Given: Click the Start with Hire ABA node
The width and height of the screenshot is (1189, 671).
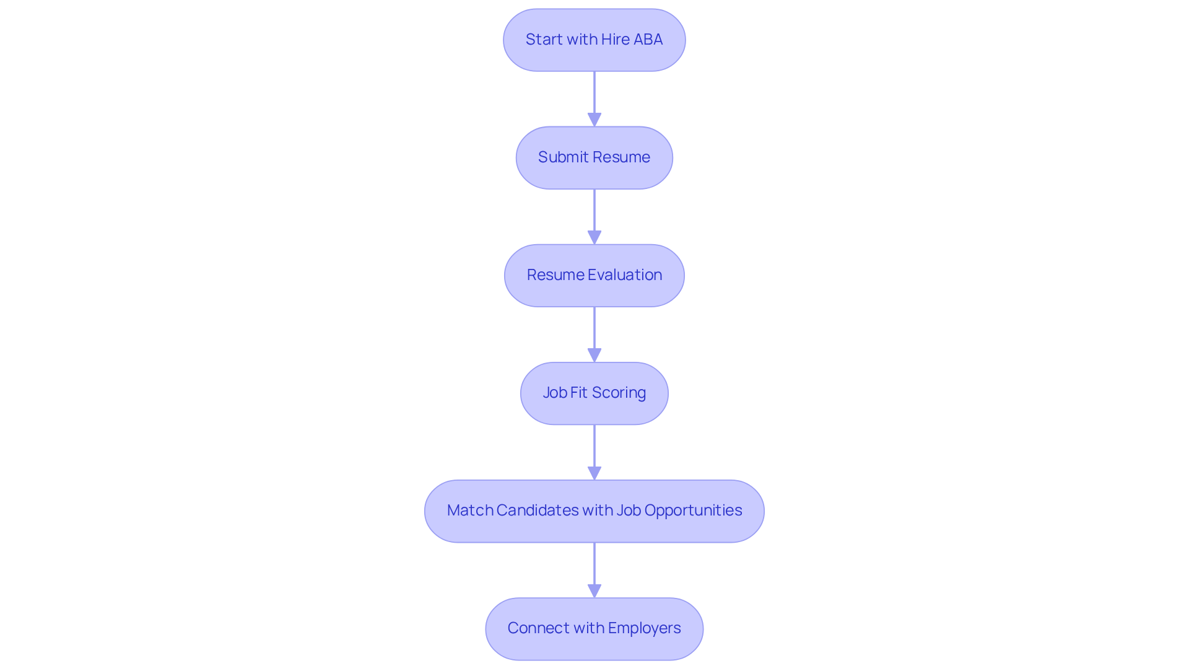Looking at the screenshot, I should pos(594,40).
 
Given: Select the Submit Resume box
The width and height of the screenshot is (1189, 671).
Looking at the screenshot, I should pos(594,157).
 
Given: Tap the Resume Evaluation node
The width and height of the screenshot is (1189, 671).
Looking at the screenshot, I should pos(594,275).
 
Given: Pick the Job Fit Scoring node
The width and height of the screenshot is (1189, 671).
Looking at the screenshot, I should pos(594,393).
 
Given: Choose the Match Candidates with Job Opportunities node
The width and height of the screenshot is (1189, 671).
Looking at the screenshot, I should pos(594,511).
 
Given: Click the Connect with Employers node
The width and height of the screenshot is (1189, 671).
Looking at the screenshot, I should pos(594,628).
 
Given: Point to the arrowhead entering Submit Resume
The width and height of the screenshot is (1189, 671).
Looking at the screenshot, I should pos(594,120).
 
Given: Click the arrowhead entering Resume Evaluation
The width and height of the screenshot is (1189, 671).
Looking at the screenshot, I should pos(594,237).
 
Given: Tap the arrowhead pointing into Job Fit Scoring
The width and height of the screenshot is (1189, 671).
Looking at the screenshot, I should pos(594,355).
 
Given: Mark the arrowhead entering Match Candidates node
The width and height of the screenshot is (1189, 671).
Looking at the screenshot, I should pos(594,473).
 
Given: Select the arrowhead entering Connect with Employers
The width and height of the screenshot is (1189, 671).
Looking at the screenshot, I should pos(594,590).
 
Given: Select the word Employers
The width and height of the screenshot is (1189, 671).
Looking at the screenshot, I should pos(644,628).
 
